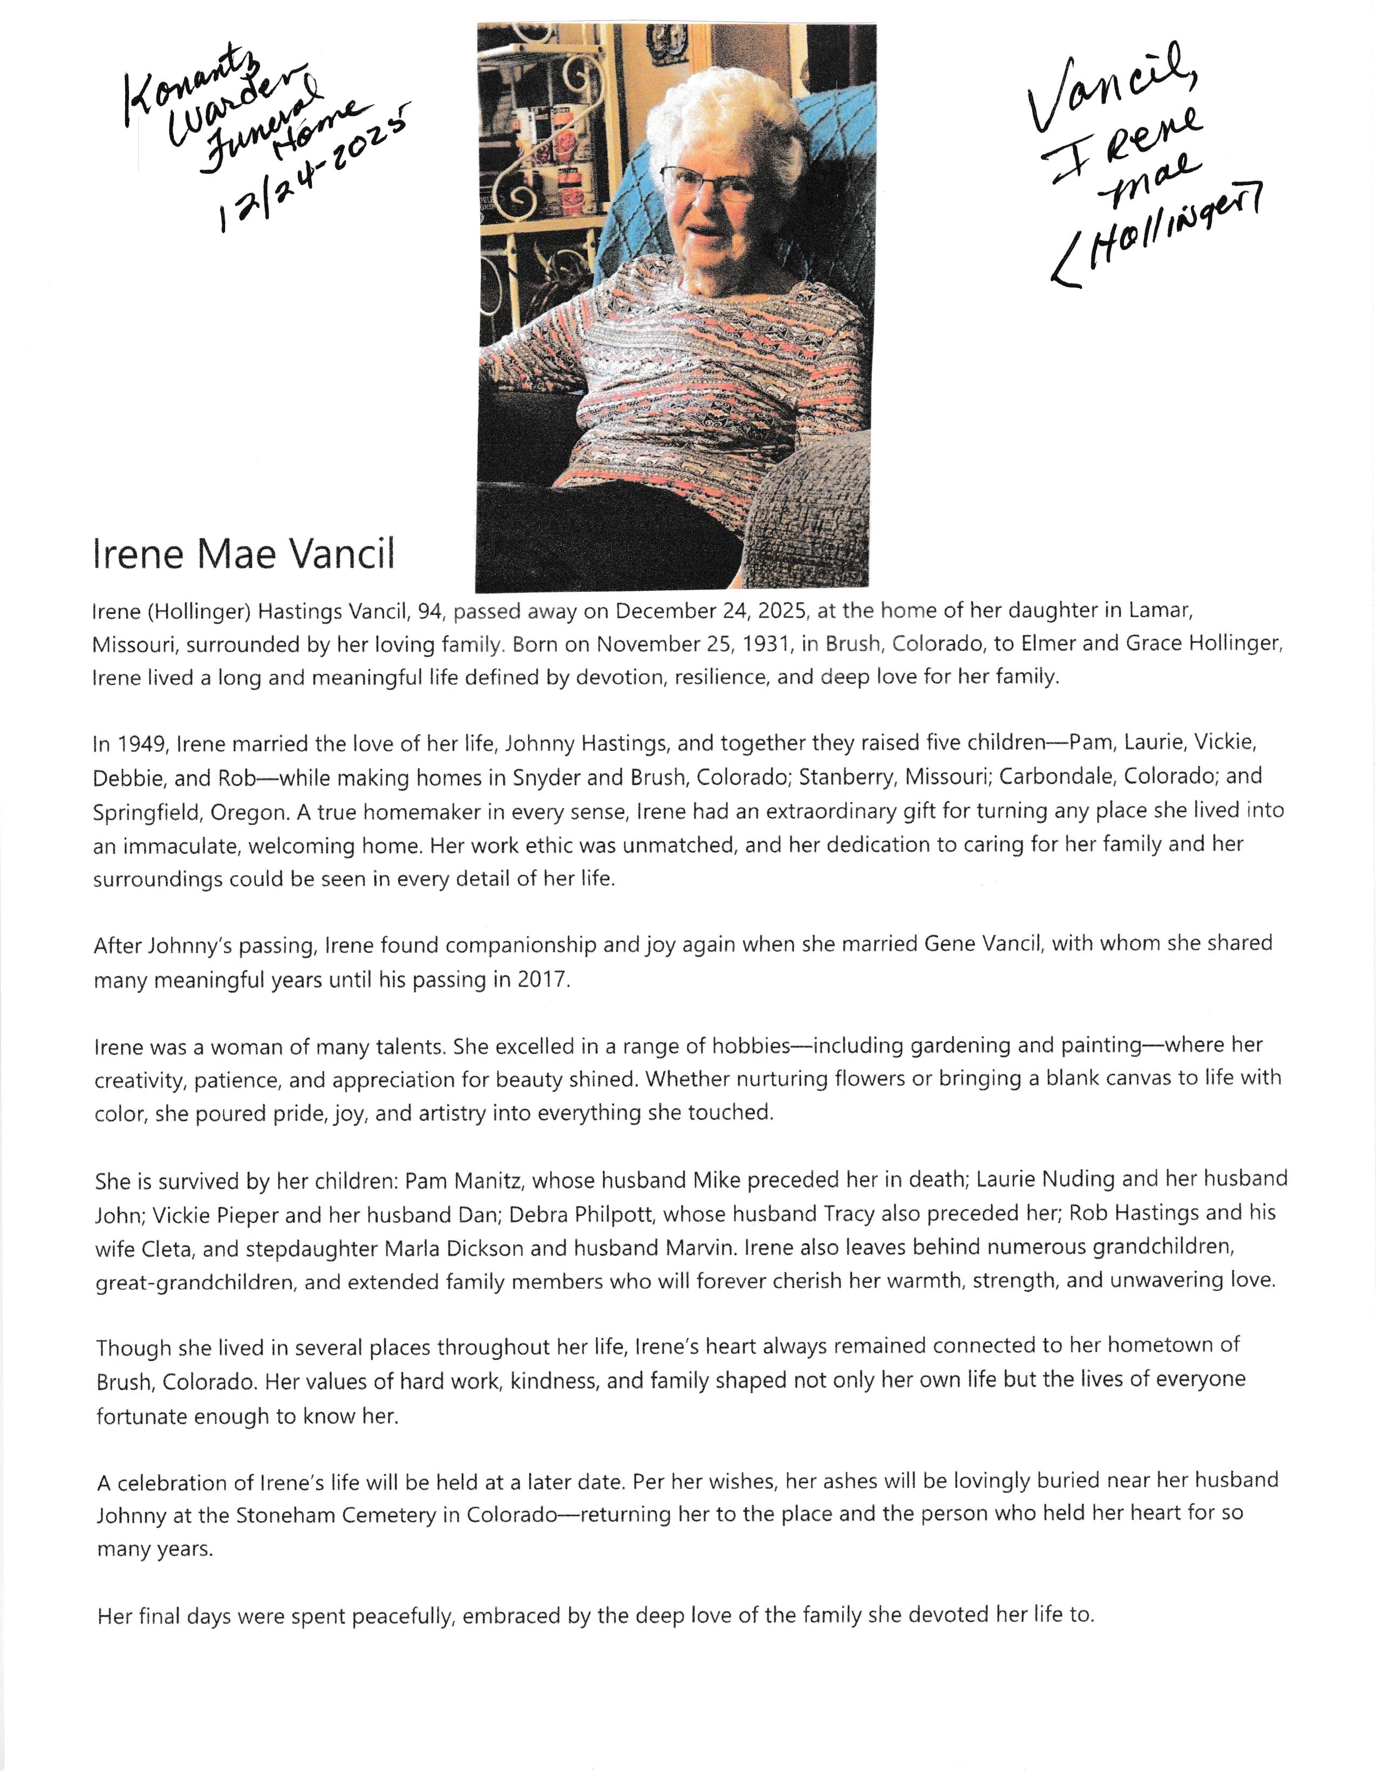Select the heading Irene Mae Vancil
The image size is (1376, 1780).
244,554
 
